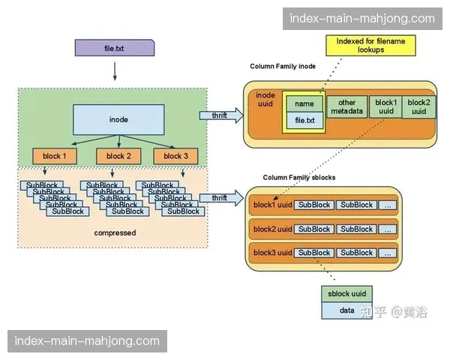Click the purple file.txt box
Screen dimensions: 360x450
point(114,48)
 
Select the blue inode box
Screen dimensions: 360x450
point(118,120)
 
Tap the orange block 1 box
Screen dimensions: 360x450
point(55,156)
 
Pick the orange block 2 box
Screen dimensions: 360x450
point(118,156)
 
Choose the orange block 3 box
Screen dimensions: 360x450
point(175,156)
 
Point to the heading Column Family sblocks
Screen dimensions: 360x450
point(298,177)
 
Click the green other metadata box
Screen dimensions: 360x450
point(346,107)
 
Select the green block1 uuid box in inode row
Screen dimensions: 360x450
point(385,107)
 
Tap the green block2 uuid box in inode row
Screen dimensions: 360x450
point(418,107)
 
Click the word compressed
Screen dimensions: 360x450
point(115,232)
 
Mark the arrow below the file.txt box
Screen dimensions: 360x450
point(114,71)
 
